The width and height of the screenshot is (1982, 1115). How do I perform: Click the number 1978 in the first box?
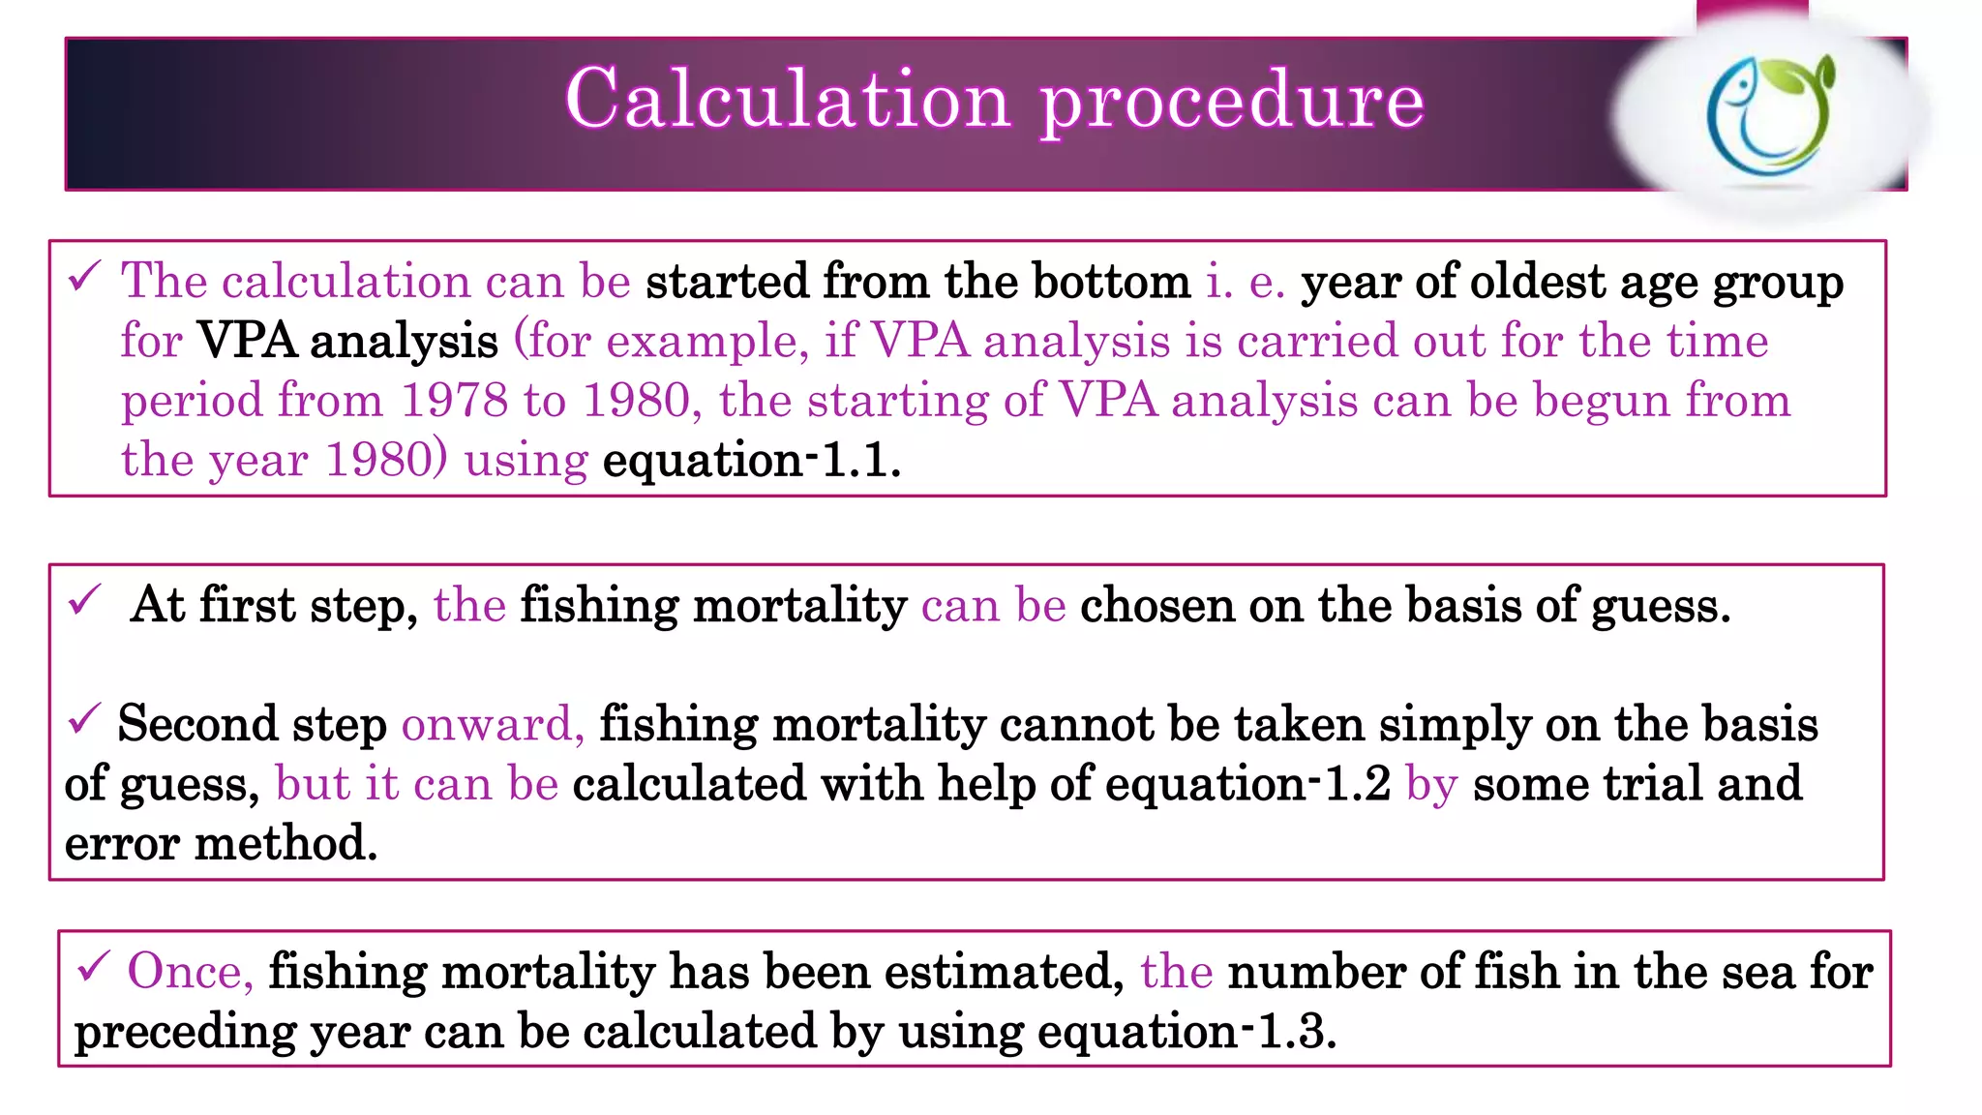point(454,400)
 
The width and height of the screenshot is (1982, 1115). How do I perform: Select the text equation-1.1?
point(751,460)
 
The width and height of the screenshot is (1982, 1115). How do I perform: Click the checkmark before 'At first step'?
point(85,601)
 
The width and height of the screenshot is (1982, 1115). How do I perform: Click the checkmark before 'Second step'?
point(85,720)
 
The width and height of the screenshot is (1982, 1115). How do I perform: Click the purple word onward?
point(493,724)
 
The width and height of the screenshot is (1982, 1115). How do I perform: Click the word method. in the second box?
point(285,843)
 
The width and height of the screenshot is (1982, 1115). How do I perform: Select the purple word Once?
point(190,971)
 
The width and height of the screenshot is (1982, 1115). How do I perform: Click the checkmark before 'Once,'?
point(94,967)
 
